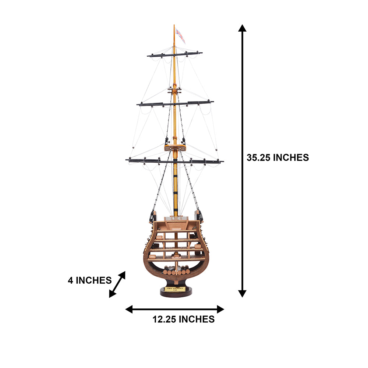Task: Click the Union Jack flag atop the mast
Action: pyautogui.click(x=180, y=35)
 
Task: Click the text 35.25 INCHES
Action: pyautogui.click(x=277, y=158)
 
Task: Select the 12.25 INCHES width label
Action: pyautogui.click(x=184, y=319)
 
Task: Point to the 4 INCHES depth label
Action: pyautogui.click(x=89, y=280)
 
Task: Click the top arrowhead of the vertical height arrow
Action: pyautogui.click(x=242, y=28)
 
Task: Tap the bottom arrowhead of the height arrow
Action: pyautogui.click(x=242, y=293)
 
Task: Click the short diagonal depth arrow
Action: pyautogui.click(x=117, y=284)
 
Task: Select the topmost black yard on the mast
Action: pyautogui.click(x=174, y=54)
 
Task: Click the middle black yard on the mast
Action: pyautogui.click(x=175, y=103)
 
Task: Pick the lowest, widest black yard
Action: pyautogui.click(x=174, y=161)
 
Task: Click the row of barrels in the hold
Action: pyautogui.click(x=176, y=272)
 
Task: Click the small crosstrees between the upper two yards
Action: pyautogui.click(x=174, y=89)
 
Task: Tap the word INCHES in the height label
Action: pyautogui.click(x=290, y=158)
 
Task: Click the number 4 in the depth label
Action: pyautogui.click(x=71, y=280)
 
